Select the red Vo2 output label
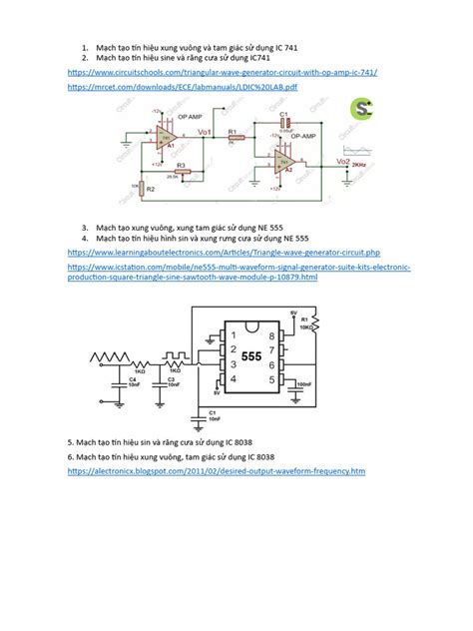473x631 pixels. tap(342, 162)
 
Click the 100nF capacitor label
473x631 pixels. tap(303, 382)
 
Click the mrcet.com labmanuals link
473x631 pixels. tap(183, 89)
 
